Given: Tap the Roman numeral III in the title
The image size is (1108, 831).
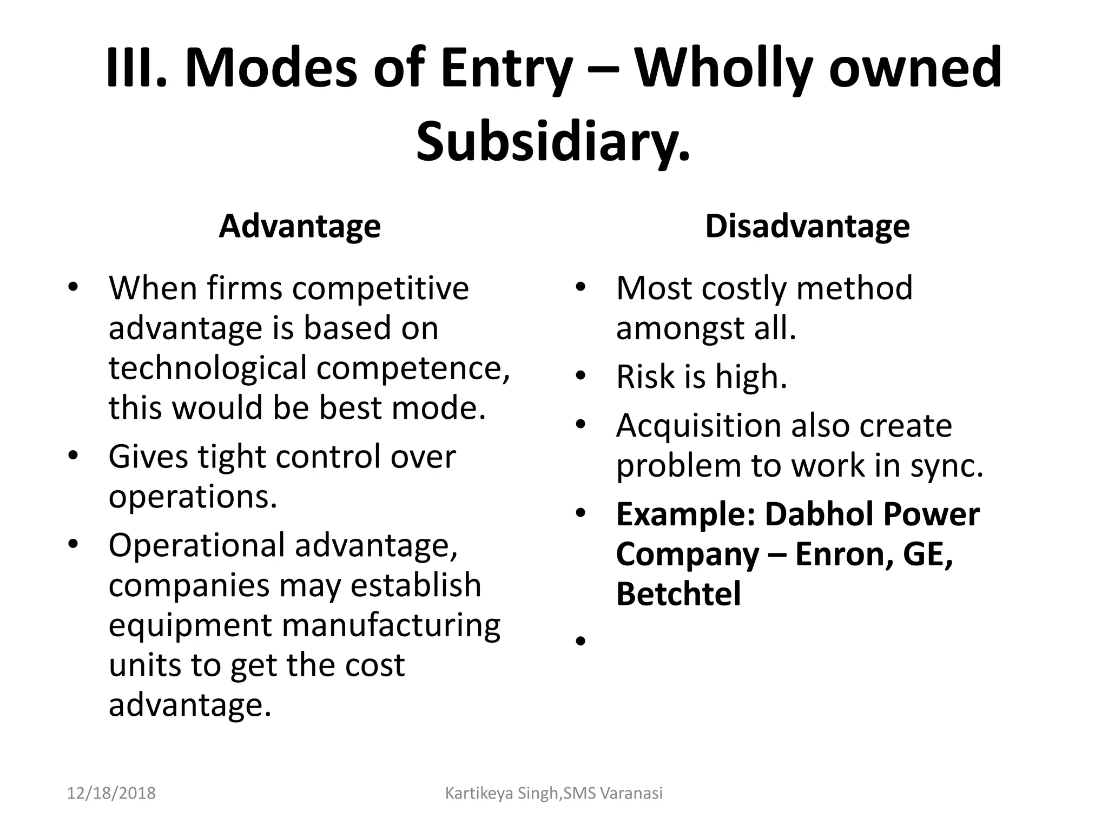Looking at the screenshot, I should (136, 69).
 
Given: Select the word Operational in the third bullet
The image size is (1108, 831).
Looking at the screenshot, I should (196, 545).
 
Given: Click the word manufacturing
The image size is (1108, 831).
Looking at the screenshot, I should (391, 625).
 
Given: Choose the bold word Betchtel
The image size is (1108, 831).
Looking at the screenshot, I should (678, 594).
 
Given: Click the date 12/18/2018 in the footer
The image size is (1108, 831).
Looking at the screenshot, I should (111, 794).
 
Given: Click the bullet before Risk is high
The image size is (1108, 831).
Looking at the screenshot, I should (581, 377).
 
